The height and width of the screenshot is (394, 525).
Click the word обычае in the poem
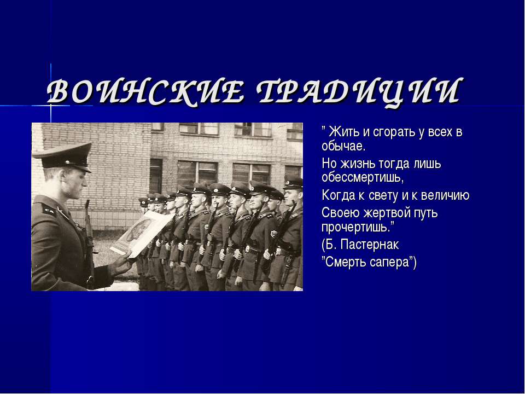coord(342,147)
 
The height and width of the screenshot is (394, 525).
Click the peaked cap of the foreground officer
coord(61,155)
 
